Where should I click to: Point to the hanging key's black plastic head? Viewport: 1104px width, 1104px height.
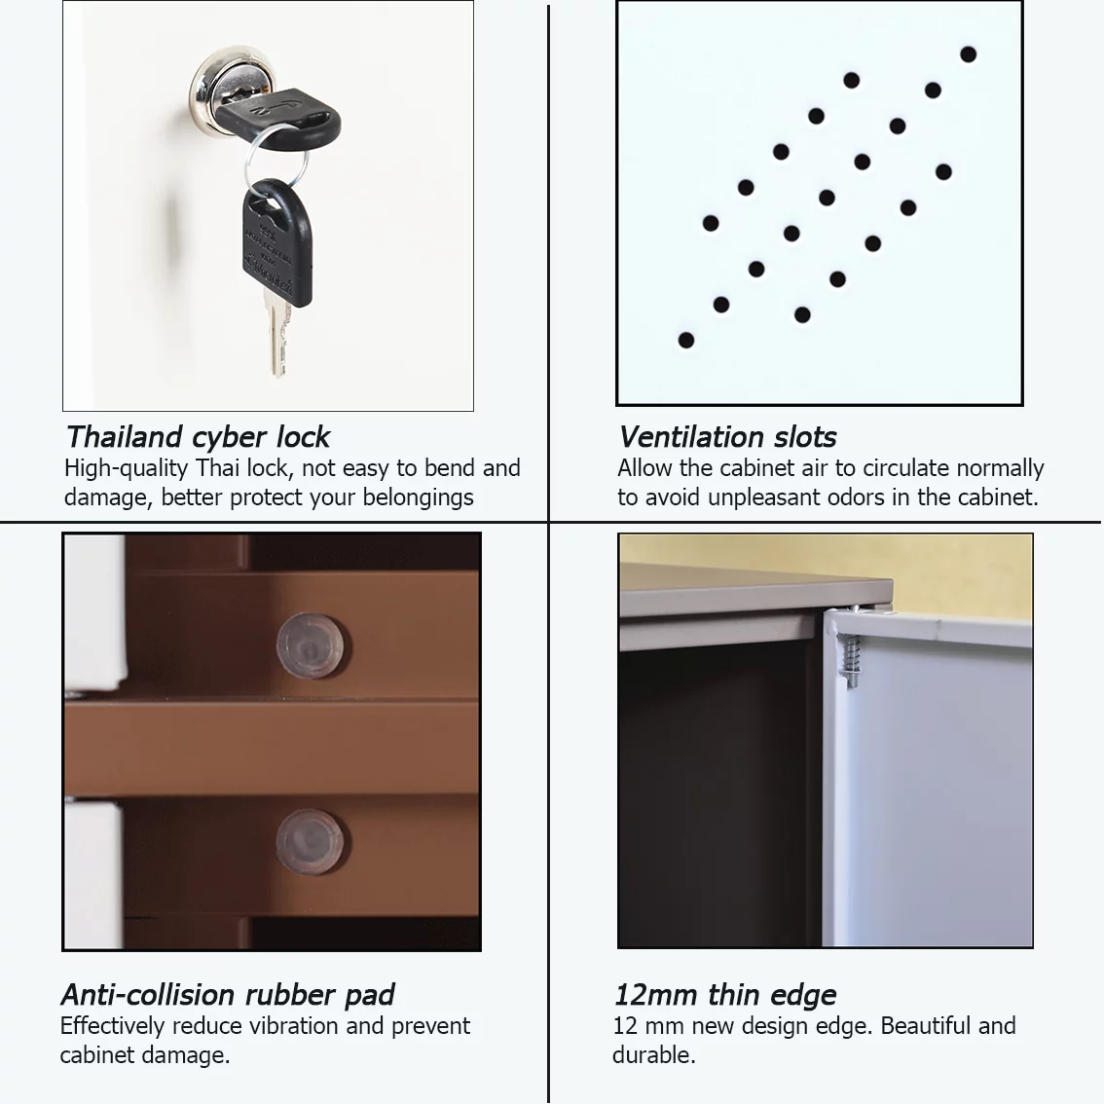point(277,242)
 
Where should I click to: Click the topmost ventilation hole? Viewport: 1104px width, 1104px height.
point(968,55)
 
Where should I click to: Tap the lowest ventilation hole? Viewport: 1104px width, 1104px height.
point(685,341)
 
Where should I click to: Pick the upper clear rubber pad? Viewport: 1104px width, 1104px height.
point(310,645)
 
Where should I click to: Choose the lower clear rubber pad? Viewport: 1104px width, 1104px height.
point(310,842)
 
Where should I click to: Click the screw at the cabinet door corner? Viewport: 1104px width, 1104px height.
point(851,660)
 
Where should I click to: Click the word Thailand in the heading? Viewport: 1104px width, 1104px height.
point(125,437)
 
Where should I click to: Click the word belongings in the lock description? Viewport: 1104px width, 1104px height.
point(419,497)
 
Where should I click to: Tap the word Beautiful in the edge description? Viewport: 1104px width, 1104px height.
point(930,1026)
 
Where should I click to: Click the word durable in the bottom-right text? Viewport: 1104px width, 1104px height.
point(653,1054)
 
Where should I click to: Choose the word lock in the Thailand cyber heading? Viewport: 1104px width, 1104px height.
point(303,437)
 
